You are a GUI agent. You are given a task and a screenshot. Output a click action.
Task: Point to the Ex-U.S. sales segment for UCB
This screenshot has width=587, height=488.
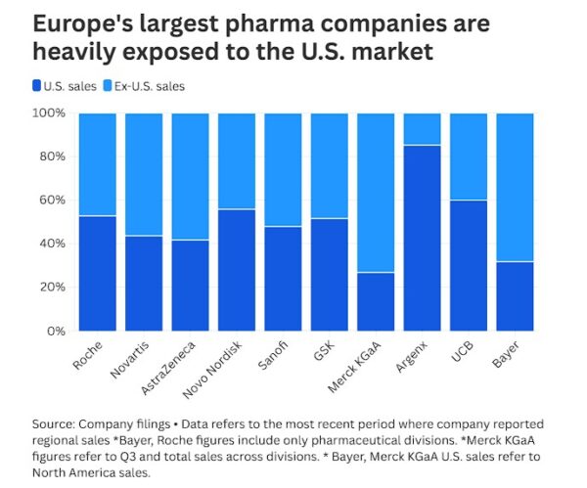(470, 156)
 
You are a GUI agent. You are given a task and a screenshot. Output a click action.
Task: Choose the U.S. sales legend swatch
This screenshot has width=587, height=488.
(37, 86)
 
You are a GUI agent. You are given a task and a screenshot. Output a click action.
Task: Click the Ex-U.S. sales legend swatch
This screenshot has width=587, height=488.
(110, 86)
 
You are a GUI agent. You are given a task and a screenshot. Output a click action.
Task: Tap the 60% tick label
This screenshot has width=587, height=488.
(52, 200)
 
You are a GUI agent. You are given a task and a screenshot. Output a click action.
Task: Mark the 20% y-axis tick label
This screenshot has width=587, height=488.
(52, 288)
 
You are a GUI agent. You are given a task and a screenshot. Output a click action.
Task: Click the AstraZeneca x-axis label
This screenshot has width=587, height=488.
(169, 367)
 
